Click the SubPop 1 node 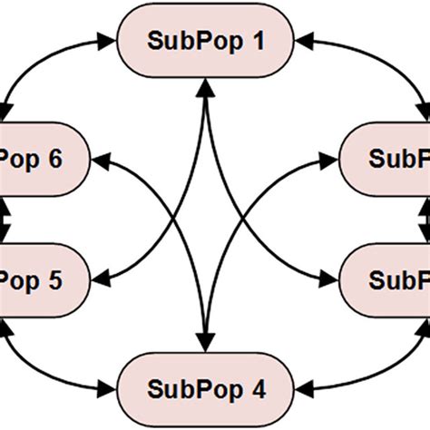(x=208, y=42)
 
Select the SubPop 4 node (x=208, y=391)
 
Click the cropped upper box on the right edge (x=386, y=159)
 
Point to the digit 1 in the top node (x=262, y=42)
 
